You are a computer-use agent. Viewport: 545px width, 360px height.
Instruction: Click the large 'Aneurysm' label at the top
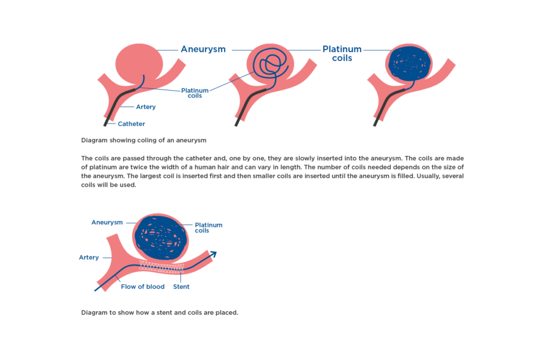coord(203,49)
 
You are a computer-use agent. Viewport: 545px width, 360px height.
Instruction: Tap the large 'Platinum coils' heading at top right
coord(342,53)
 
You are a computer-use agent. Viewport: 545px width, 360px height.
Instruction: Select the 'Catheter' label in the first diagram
coord(131,124)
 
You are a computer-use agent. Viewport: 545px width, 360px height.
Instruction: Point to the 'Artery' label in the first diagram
coord(145,107)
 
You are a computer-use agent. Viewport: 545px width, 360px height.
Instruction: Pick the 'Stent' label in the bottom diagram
coord(181,287)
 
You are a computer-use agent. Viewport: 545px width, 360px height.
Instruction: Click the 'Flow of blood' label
coord(142,287)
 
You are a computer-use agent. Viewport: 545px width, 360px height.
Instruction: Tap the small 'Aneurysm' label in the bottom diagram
coord(107,222)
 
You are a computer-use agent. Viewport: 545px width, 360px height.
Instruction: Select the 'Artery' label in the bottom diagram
coord(88,257)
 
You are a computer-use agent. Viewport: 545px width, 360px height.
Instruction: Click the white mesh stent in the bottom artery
coord(162,266)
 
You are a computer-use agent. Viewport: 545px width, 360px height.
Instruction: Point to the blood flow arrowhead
coord(213,254)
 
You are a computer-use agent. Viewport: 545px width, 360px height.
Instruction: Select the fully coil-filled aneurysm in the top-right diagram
coord(409,62)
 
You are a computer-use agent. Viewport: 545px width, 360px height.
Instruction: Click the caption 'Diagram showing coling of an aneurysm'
coord(144,140)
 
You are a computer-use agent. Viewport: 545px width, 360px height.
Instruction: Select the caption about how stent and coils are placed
coord(160,313)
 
